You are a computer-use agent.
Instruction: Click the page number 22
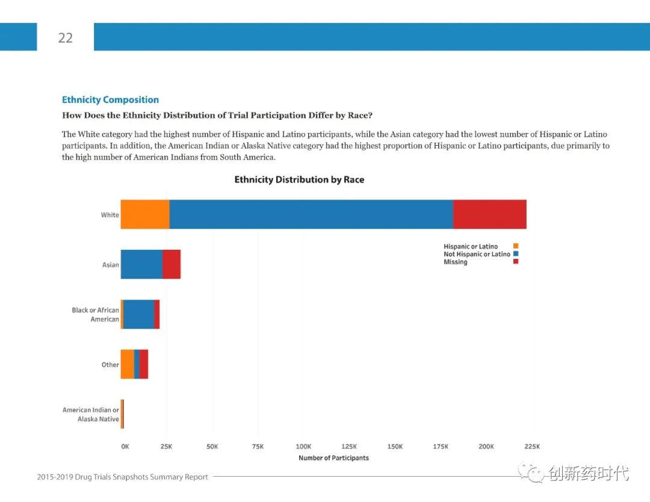(x=65, y=38)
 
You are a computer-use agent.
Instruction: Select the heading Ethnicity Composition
(x=110, y=100)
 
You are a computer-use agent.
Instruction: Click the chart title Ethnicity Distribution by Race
(x=299, y=179)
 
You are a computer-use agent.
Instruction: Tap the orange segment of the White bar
(x=145, y=214)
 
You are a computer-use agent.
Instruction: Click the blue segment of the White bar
(x=311, y=214)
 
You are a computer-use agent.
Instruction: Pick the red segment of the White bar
(x=489, y=214)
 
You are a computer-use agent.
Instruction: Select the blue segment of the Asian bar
(x=141, y=264)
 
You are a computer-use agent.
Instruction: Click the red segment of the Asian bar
(x=172, y=264)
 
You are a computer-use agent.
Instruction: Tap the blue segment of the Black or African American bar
(x=138, y=314)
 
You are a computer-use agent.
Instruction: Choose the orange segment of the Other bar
(x=127, y=364)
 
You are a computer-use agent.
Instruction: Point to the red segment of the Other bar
(x=144, y=364)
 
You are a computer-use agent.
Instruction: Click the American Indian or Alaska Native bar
(x=122, y=414)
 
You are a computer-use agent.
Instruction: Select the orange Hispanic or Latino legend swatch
(x=516, y=246)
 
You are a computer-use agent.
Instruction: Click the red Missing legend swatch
(x=516, y=262)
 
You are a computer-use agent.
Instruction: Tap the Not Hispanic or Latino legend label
(x=477, y=254)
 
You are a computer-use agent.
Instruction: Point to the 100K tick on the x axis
(x=303, y=447)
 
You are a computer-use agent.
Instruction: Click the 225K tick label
(x=532, y=447)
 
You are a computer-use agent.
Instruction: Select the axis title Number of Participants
(x=333, y=458)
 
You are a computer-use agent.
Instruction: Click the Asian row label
(x=111, y=265)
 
